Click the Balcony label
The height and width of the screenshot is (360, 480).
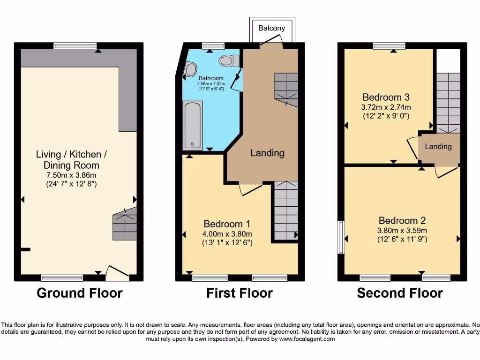[x=271, y=28]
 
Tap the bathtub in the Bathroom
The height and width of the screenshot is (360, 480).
[x=192, y=125]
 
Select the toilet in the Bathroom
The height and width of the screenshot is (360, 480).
[x=228, y=61]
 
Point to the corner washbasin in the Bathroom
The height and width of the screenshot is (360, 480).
[x=190, y=70]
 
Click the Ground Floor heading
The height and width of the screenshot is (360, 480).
[x=79, y=293]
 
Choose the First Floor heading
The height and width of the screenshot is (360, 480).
[x=240, y=293]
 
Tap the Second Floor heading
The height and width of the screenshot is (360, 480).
[x=400, y=293]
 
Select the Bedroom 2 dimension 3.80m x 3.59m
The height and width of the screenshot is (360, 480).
[x=403, y=230]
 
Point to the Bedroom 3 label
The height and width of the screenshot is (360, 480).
[x=386, y=97]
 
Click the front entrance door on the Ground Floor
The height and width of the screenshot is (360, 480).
[x=117, y=273]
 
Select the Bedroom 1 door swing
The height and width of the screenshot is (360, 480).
[x=250, y=189]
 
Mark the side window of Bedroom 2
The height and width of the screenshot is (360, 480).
[x=341, y=237]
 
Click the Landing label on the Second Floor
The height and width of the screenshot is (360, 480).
[x=438, y=147]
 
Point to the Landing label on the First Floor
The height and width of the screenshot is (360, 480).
[x=267, y=153]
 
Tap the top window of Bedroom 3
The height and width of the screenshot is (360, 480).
[x=389, y=45]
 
